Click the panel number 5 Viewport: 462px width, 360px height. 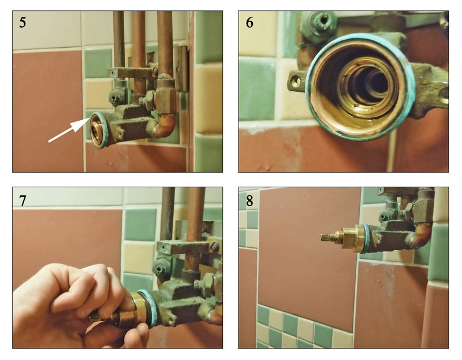click(23, 23)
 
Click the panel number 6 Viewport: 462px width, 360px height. click(249, 23)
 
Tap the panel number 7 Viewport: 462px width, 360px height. click(23, 201)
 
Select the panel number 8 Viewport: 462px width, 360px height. click(249, 201)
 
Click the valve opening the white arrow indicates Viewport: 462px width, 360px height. click(96, 130)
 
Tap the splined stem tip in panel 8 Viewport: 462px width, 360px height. click(327, 237)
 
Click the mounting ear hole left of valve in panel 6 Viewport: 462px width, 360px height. click(296, 80)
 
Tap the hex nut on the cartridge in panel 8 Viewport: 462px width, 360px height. click(349, 237)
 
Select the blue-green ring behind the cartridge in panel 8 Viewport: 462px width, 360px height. click(364, 237)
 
